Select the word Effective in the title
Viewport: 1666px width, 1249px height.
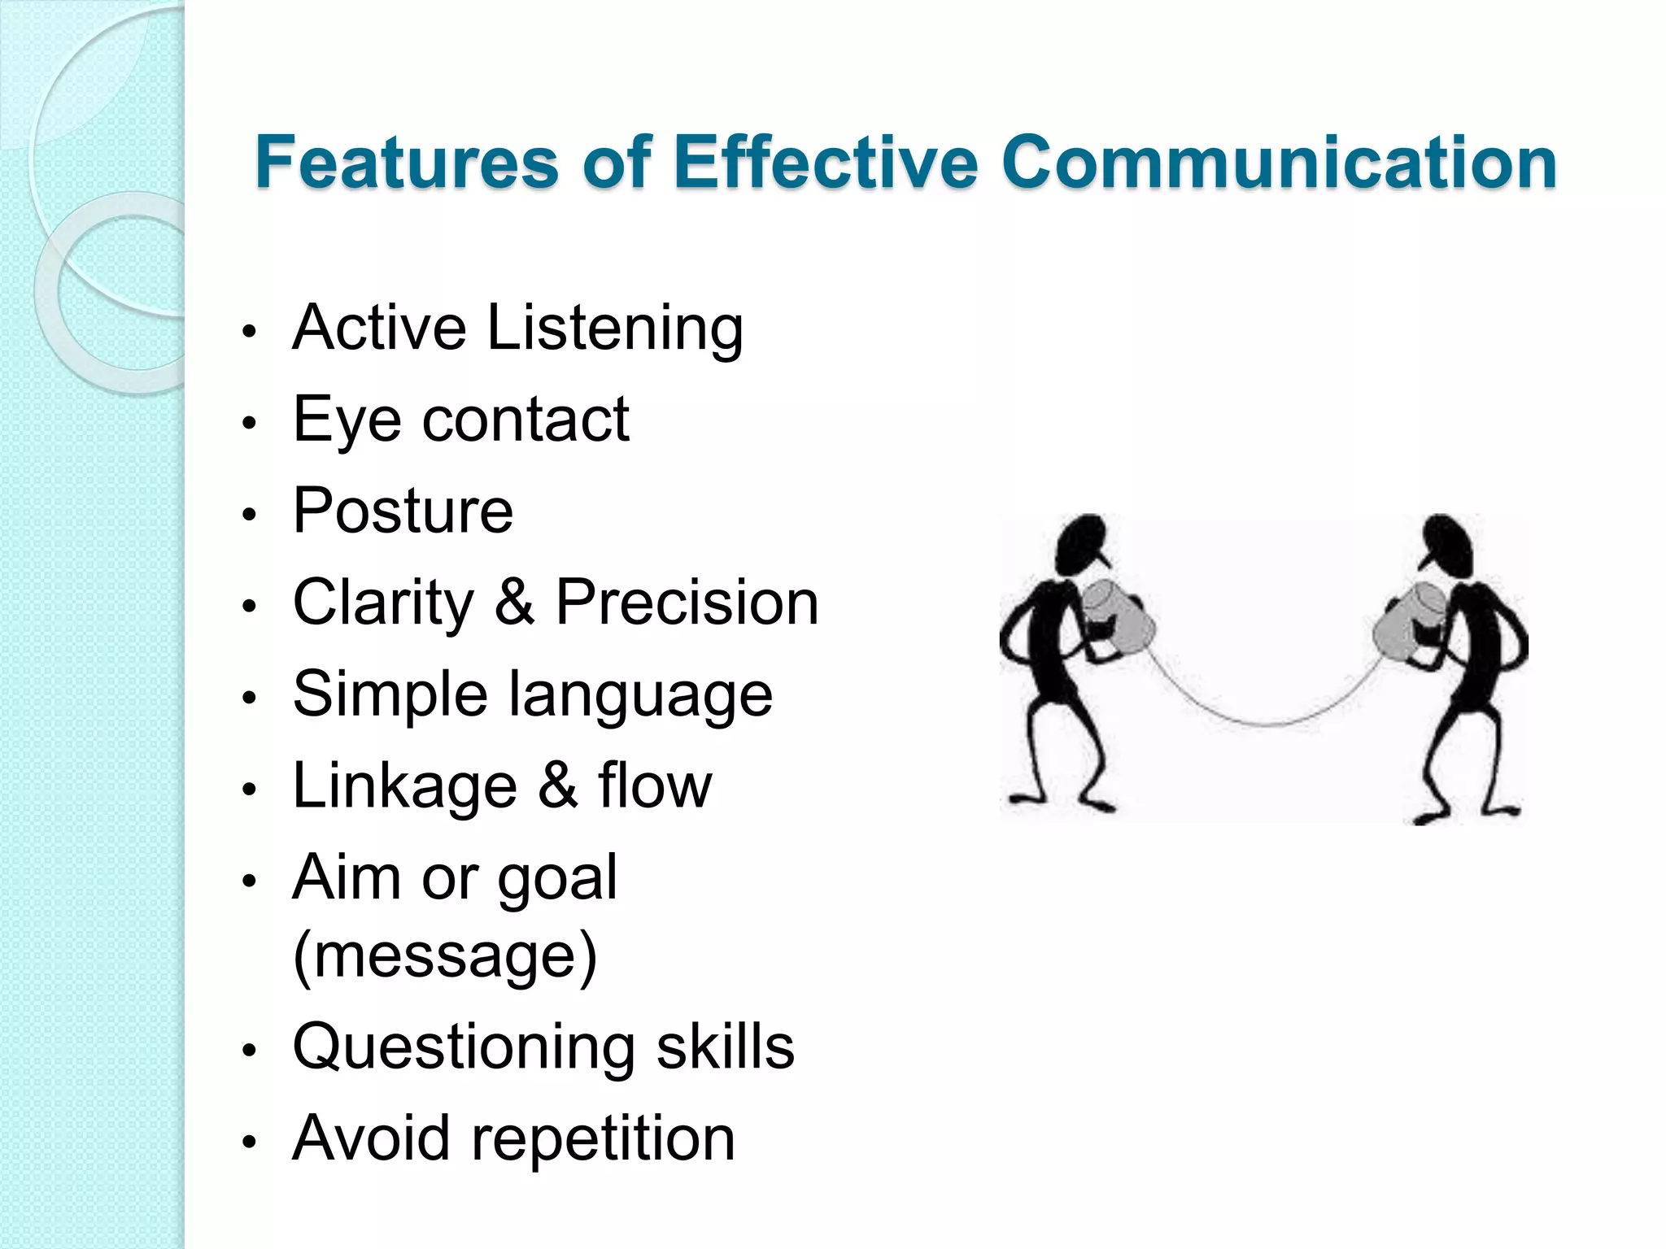click(825, 162)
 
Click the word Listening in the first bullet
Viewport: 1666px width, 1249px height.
click(615, 329)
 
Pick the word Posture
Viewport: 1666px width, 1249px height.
click(403, 511)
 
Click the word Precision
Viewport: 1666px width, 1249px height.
click(687, 603)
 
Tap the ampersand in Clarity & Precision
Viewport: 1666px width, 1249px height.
click(514, 603)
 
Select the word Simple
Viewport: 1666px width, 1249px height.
click(390, 695)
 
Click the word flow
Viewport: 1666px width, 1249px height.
click(655, 786)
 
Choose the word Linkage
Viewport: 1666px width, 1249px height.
click(404, 787)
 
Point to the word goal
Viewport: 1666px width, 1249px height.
click(557, 879)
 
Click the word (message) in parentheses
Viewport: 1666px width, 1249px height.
click(445, 956)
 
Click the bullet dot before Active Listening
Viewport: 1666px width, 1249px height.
click(250, 332)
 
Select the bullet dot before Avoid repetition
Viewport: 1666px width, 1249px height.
click(250, 1141)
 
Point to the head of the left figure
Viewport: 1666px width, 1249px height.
click(1084, 543)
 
